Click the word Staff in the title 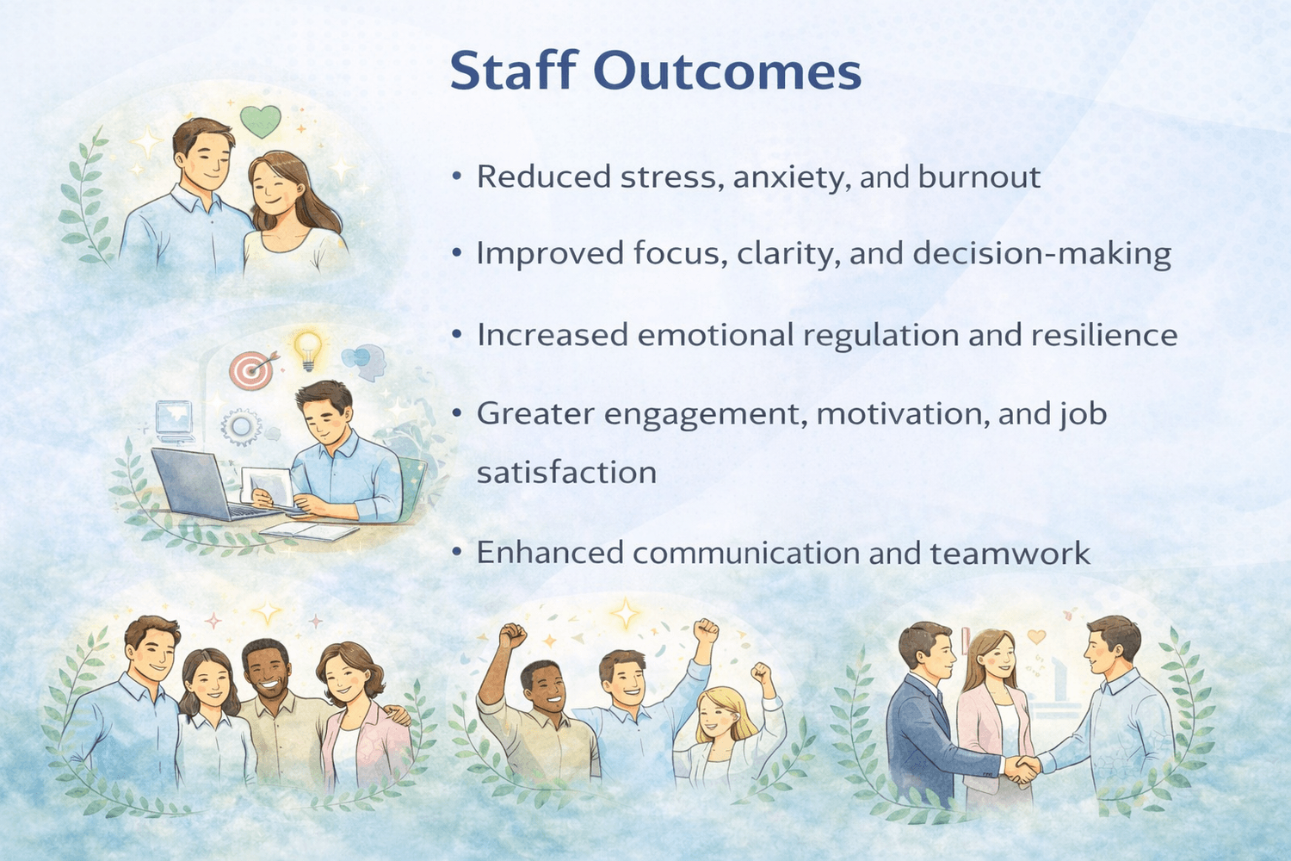click(514, 70)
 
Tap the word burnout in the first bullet click(979, 176)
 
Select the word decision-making click(1042, 253)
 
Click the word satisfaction click(566, 473)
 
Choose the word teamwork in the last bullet click(1010, 553)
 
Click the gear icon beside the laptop click(240, 427)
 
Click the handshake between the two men click(1022, 770)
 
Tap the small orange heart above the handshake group click(1036, 636)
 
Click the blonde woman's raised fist click(761, 673)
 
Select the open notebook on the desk click(310, 531)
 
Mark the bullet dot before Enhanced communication click(456, 552)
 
